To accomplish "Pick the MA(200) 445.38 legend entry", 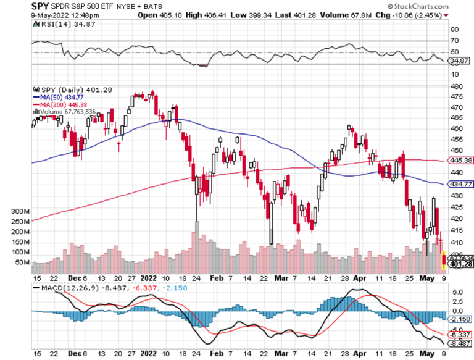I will tap(57, 104).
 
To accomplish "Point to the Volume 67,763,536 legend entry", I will tap(68, 111).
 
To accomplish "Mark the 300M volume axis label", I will tap(20, 211).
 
